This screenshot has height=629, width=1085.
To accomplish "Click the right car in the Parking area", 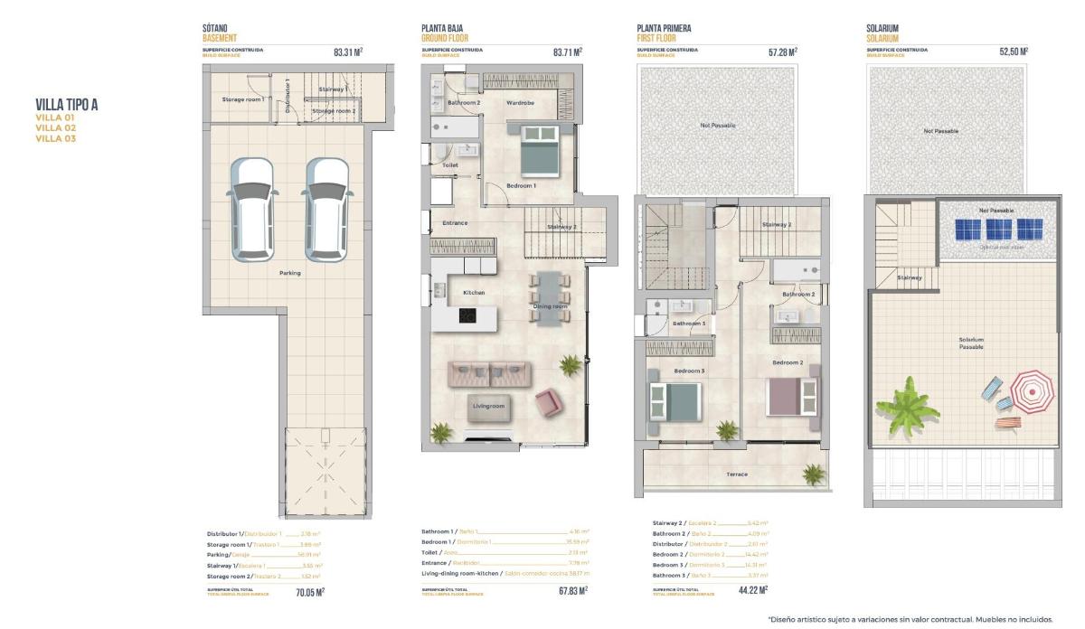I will [326, 209].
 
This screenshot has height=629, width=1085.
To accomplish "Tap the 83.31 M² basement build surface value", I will [348, 52].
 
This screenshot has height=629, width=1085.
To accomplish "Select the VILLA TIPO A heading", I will [67, 105].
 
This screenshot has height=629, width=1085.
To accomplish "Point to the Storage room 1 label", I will [243, 99].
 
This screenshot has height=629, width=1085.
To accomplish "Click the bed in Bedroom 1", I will [541, 152].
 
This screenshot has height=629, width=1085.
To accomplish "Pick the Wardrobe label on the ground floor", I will [520, 103].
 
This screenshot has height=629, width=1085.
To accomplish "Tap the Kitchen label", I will [474, 293].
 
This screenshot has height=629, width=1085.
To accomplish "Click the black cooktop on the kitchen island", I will [467, 316].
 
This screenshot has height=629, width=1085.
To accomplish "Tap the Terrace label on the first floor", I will [737, 474].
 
